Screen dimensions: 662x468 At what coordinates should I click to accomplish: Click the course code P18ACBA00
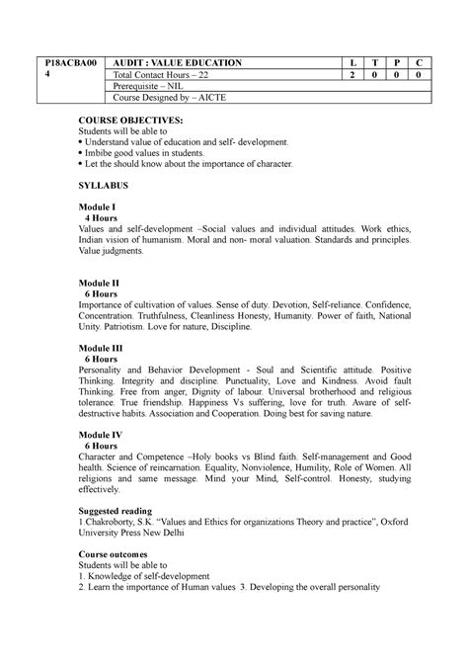[x=56, y=62]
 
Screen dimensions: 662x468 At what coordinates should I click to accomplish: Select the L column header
[x=351, y=62]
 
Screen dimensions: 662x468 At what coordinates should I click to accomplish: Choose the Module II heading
[x=100, y=283]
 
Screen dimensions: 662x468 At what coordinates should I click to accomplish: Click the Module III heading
[x=102, y=348]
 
